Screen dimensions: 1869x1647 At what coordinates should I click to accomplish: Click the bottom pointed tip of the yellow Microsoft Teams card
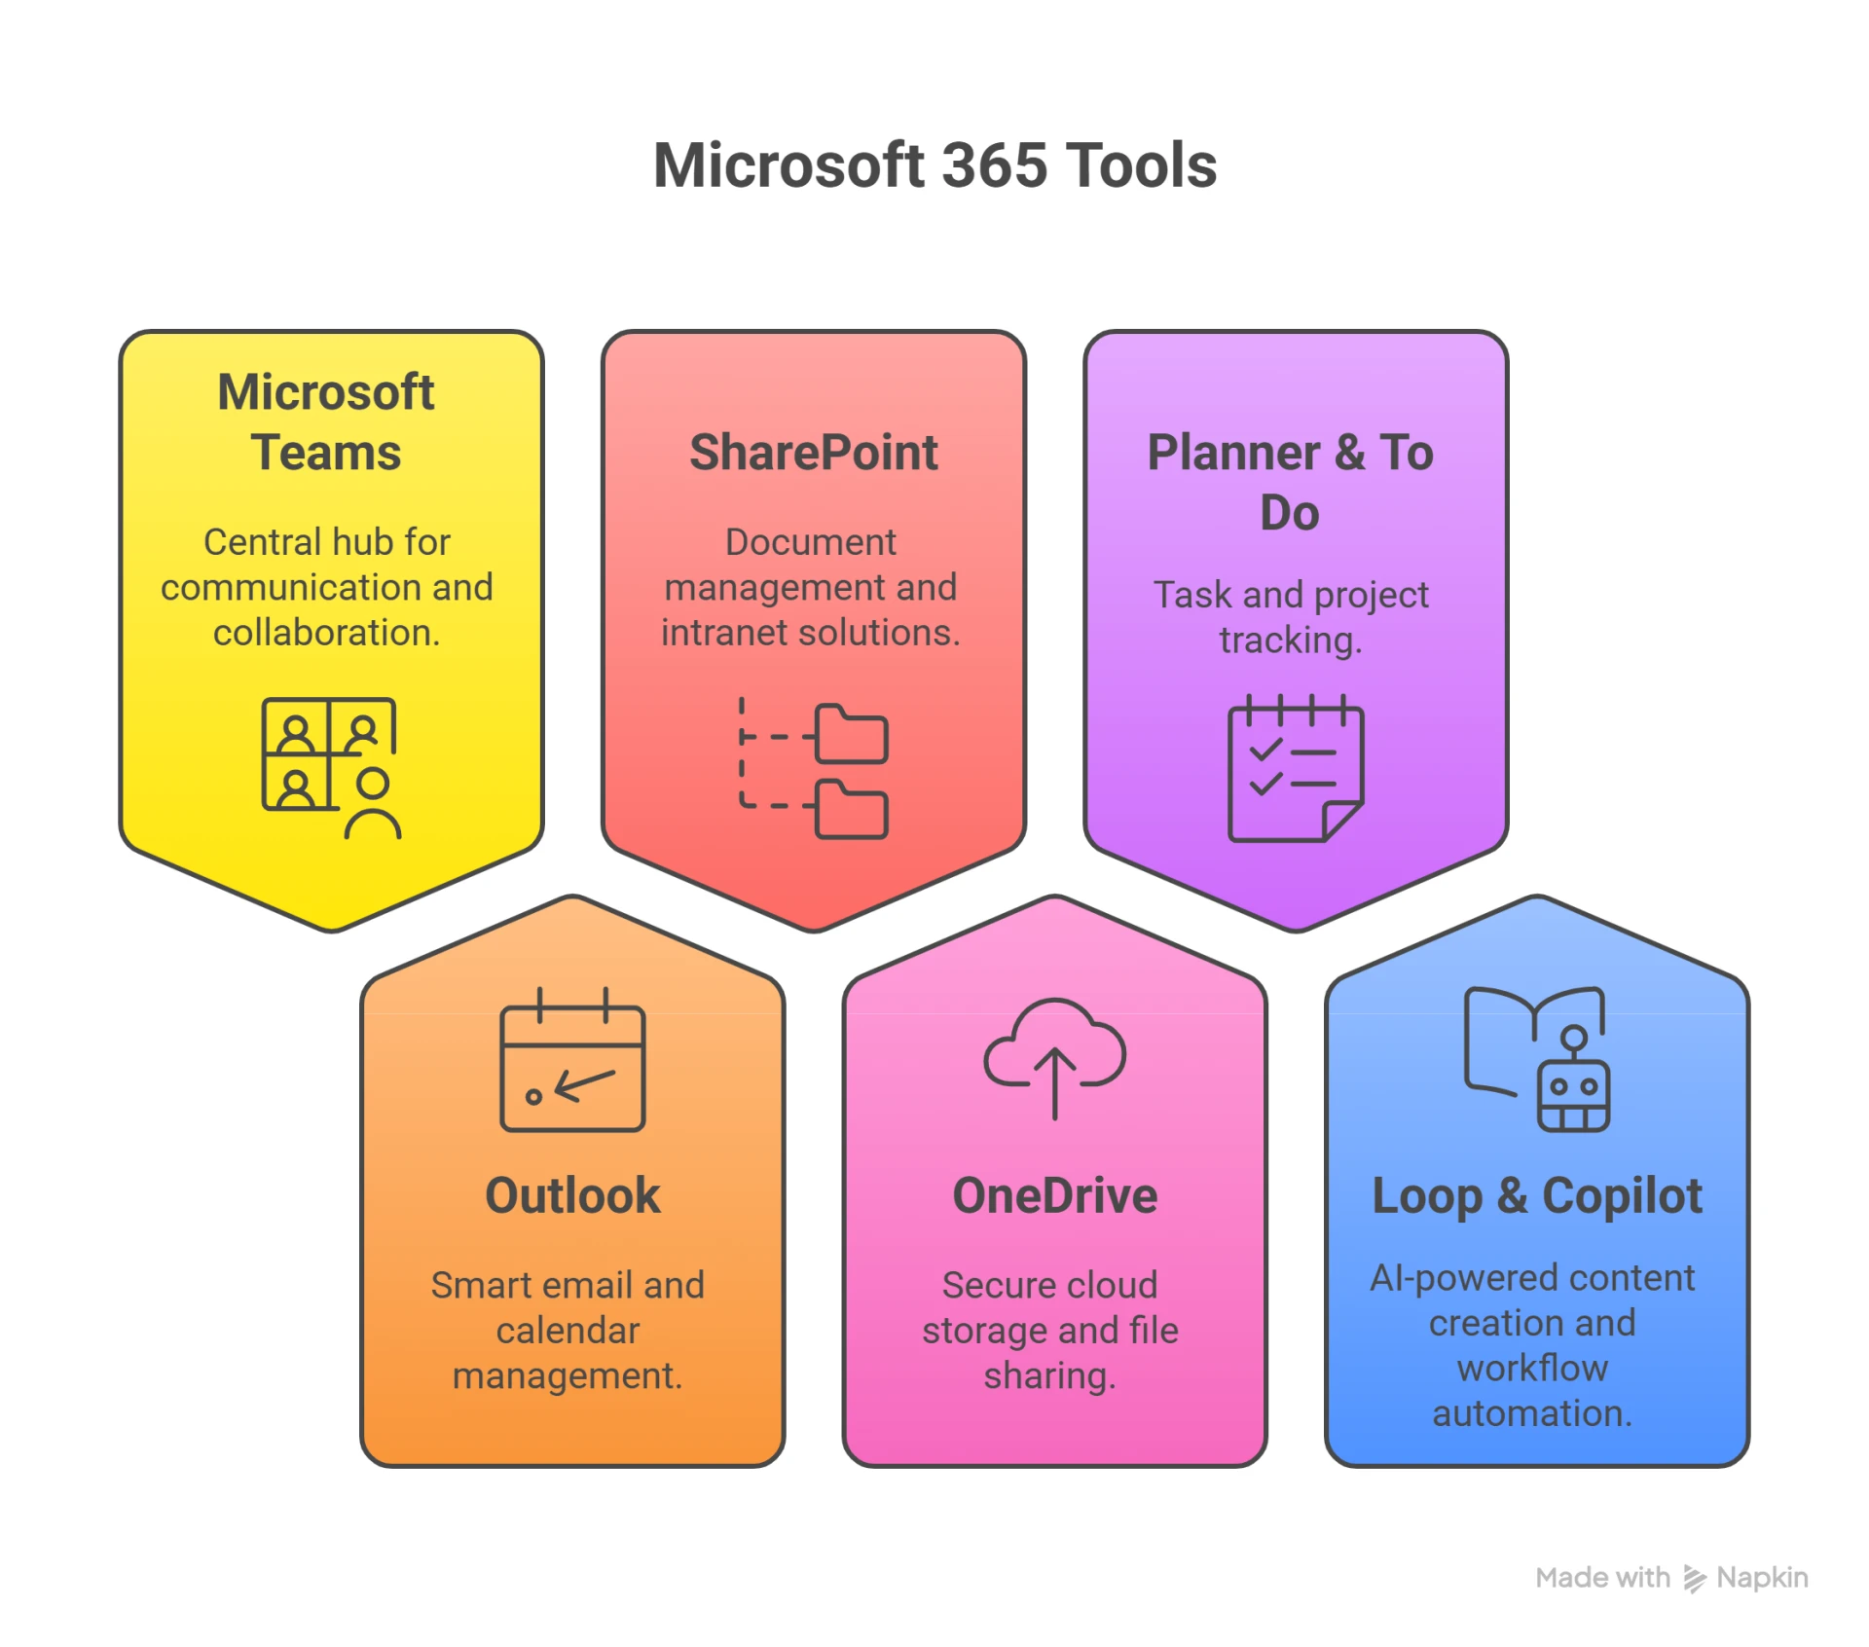[331, 931]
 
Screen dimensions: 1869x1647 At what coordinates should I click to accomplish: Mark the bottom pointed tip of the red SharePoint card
[814, 931]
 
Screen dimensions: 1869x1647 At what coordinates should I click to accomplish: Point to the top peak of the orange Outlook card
[572, 896]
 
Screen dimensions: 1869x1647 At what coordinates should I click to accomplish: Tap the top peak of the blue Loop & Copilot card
[1537, 896]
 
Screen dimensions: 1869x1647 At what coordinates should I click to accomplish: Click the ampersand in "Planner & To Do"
[1350, 453]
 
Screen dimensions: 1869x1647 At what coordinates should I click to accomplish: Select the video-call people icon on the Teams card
[331, 768]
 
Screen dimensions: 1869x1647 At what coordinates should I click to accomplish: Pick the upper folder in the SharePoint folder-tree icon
[851, 734]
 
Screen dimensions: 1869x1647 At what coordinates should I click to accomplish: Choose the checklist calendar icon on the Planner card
[1296, 768]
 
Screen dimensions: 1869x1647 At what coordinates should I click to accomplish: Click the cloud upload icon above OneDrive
[1055, 1058]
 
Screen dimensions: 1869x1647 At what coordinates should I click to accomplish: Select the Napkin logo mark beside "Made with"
[1695, 1579]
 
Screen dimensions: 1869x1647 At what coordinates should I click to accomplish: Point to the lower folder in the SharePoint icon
[851, 809]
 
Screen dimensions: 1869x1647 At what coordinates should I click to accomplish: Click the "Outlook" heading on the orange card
[572, 1195]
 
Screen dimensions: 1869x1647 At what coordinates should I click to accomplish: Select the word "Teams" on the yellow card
[326, 453]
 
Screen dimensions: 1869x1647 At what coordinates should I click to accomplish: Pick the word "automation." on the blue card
[1532, 1413]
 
